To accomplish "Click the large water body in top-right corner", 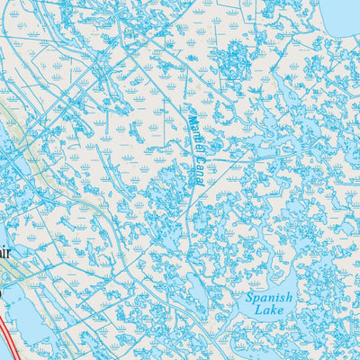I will click(342, 13).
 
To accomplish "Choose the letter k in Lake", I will click(274, 310).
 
